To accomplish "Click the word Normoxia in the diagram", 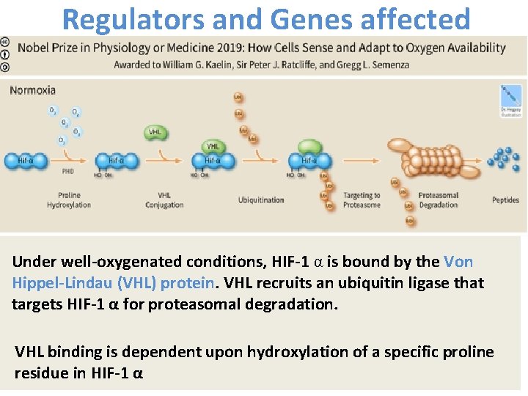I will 32,91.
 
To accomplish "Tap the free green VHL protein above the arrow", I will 155,132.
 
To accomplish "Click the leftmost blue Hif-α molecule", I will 23,161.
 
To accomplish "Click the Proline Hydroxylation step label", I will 69,200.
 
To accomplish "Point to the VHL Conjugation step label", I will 164,200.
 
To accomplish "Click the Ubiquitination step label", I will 260,200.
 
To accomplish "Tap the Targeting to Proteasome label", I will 362,200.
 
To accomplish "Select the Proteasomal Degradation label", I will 438,200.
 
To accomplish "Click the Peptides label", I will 505,200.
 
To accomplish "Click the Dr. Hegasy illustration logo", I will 510,101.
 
